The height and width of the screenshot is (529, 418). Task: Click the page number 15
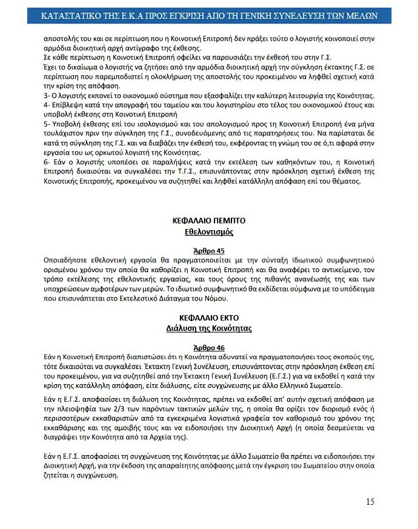click(370, 501)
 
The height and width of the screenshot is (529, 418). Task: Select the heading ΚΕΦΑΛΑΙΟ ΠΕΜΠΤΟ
click(208, 222)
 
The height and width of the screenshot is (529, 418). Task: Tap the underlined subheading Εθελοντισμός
click(208, 232)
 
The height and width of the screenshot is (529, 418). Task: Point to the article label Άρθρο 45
click(208, 250)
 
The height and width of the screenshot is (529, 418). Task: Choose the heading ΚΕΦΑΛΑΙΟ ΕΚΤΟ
click(208, 318)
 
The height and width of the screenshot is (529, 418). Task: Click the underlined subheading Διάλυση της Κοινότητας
click(208, 328)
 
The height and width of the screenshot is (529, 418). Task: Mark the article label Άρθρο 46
click(208, 347)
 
